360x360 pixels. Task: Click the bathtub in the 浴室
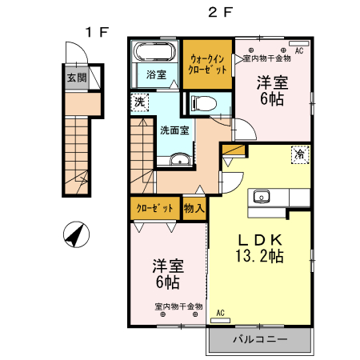tap(155, 51)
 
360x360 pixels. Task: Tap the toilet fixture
tap(203, 103)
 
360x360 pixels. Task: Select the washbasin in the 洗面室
tap(180, 159)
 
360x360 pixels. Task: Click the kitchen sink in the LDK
tap(262, 197)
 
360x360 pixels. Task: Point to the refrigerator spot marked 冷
tap(300, 154)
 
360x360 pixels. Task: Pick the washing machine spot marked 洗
tap(139, 102)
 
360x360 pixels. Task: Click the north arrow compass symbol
tap(76, 234)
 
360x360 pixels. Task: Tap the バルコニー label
tap(260, 339)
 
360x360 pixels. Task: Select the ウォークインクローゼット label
tap(207, 64)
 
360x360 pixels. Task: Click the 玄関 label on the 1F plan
tap(77, 78)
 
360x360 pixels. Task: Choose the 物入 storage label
tap(194, 208)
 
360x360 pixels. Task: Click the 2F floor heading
tap(221, 12)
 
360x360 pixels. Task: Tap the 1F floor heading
tap(97, 32)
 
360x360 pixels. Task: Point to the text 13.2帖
tap(259, 256)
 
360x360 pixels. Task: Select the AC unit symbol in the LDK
tap(220, 321)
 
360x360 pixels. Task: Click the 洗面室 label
tap(174, 130)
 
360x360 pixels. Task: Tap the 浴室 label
tap(156, 74)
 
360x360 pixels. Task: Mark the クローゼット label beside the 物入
tap(154, 208)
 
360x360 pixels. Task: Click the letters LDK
tap(260, 240)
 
